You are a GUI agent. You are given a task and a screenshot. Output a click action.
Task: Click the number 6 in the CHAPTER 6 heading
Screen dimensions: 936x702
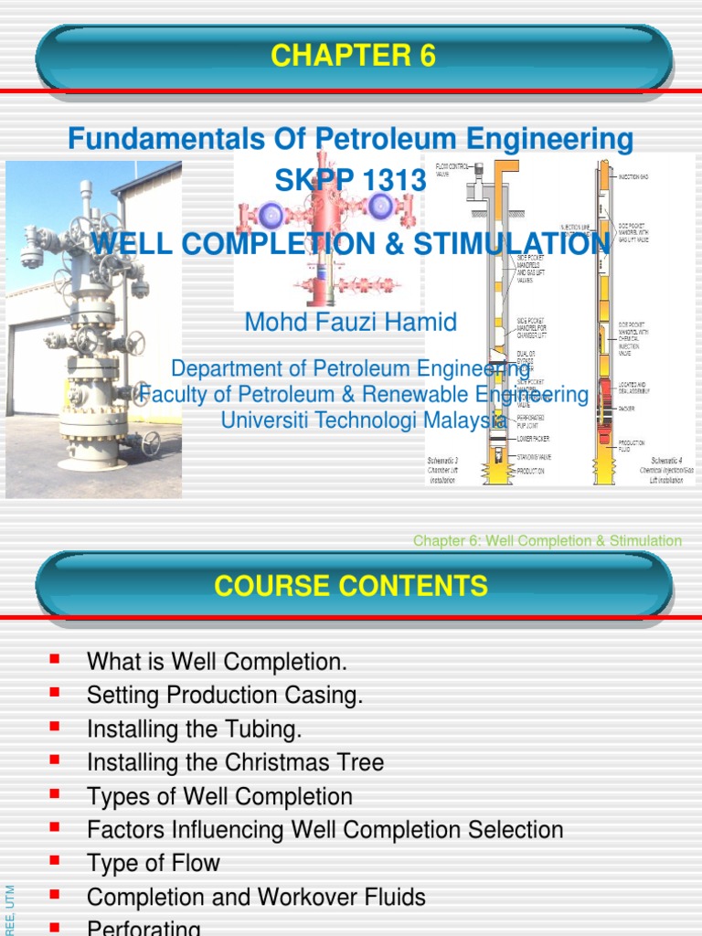pyautogui.click(x=426, y=57)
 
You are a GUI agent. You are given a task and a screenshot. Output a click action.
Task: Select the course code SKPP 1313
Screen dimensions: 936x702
pyautogui.click(x=351, y=181)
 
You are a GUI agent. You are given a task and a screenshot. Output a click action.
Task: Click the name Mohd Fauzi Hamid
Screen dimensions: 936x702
pyautogui.click(x=351, y=322)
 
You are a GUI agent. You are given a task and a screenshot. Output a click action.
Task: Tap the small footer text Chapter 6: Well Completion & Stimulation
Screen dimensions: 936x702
pyautogui.click(x=547, y=541)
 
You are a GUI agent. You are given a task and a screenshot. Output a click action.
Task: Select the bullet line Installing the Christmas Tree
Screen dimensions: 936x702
pyautogui.click(x=235, y=762)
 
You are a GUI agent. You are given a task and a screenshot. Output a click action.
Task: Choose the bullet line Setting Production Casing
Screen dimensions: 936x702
pyautogui.click(x=225, y=695)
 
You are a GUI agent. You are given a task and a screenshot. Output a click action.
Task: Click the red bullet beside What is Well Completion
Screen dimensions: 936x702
pyautogui.click(x=55, y=657)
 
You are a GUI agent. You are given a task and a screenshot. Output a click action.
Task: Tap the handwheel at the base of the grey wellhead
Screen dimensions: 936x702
pyautogui.click(x=150, y=442)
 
